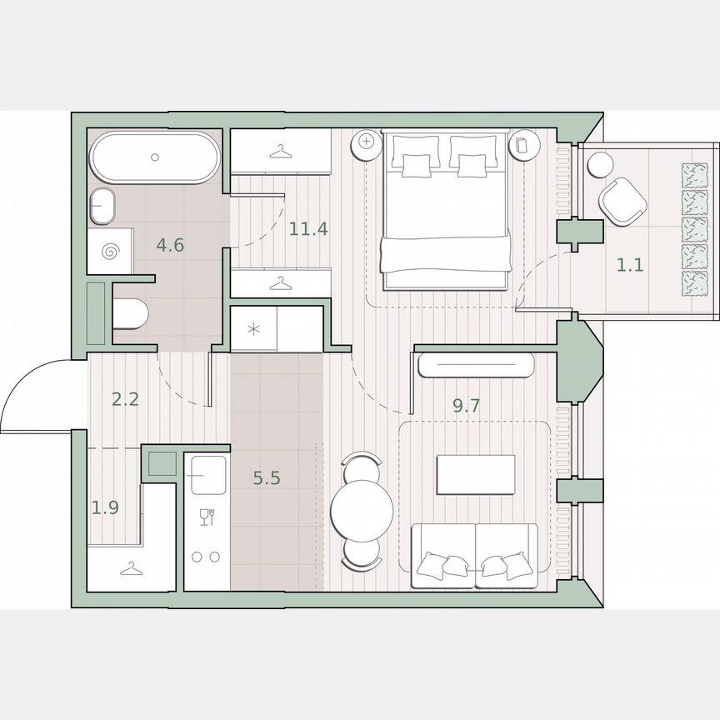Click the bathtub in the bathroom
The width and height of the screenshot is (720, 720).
click(x=155, y=157)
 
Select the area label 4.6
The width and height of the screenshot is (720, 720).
click(x=170, y=245)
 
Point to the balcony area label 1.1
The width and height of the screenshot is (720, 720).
click(x=629, y=266)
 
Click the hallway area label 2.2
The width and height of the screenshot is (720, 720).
click(x=125, y=398)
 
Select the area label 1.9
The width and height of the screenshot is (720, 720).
click(x=105, y=507)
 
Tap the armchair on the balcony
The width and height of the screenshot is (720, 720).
click(x=622, y=202)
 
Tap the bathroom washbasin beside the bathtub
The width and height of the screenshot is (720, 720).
click(x=102, y=205)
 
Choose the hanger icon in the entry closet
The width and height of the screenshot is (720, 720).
click(x=130, y=569)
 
